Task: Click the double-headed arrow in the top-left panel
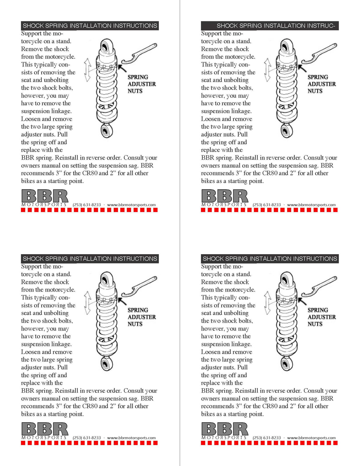[87, 70]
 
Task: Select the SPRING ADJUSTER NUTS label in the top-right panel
[321, 84]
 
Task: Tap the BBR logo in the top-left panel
[45, 196]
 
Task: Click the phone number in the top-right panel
[267, 205]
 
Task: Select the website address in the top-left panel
[131, 205]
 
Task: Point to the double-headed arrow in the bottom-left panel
[87, 303]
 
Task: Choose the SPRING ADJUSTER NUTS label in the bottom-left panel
[141, 317]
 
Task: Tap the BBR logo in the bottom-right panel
[225, 429]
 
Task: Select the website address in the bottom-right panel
[311, 438]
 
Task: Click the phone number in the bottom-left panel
[87, 438]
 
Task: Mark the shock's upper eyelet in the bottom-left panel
[106, 279]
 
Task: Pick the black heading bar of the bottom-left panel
[90, 259]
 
